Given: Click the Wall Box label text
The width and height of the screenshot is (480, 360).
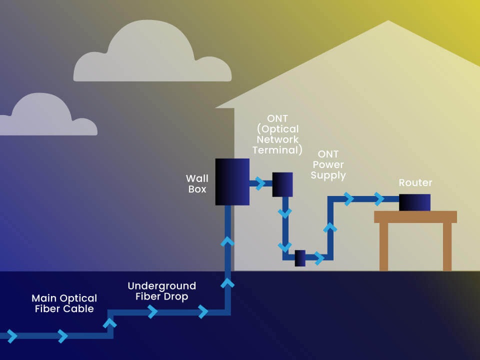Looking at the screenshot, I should click(196, 183).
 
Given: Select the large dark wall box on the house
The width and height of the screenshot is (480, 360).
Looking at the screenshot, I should click(232, 181).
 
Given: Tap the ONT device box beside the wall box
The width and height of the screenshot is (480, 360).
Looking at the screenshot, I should click(282, 184).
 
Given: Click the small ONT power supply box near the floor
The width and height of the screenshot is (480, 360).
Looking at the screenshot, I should click(300, 258).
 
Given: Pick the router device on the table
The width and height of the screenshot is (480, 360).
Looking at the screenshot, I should click(414, 202).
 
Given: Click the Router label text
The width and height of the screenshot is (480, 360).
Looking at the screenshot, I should click(415, 183).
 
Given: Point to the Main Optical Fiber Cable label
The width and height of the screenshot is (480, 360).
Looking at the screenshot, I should click(64, 303).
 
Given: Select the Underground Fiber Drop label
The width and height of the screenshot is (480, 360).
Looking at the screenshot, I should click(161, 291).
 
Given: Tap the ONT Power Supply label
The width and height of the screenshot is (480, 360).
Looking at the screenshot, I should click(328, 165).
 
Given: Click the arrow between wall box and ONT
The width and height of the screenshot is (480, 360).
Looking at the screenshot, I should click(260, 183).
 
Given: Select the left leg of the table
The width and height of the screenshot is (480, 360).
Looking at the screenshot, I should click(383, 246).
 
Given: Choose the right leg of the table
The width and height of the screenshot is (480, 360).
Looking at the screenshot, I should click(447, 246).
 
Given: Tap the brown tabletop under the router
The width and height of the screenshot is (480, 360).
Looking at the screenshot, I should click(415, 216).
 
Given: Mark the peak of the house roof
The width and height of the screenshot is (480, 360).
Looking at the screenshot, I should click(388, 21).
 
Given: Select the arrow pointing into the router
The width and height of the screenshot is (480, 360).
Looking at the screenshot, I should click(379, 199).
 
